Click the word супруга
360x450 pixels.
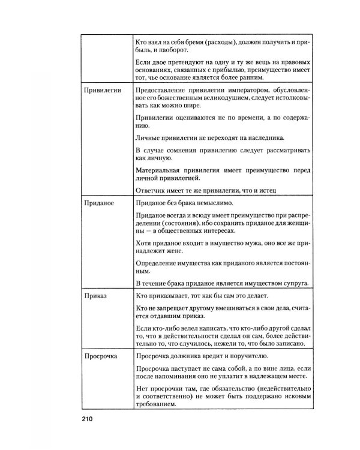pos(296,283)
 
